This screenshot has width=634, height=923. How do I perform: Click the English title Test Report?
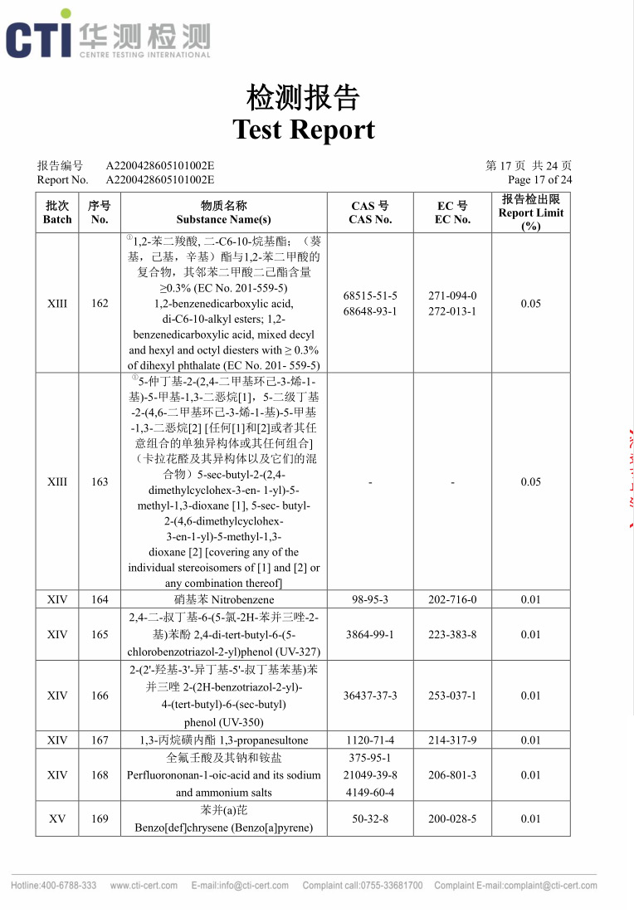tap(304, 129)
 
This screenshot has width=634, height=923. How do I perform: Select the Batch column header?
tap(57, 212)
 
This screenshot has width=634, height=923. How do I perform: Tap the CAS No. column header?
tap(370, 212)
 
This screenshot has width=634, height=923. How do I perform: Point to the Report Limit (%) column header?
tap(531, 212)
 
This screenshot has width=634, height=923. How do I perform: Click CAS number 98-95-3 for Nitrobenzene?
tap(370, 599)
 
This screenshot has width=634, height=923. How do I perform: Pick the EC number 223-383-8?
tap(452, 634)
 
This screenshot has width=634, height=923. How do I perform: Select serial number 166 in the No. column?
tap(100, 696)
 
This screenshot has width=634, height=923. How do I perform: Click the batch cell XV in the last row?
tap(57, 818)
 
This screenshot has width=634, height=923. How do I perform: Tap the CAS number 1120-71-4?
tap(370, 740)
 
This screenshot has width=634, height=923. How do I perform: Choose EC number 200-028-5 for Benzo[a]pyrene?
tap(452, 818)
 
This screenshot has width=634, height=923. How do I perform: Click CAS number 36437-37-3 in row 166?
tap(370, 696)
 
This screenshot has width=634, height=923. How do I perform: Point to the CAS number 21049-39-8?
tap(370, 775)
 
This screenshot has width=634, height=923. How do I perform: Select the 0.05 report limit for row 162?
tap(531, 303)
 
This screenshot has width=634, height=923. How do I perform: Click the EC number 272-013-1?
tap(452, 311)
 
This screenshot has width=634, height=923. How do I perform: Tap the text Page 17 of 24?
tap(539, 179)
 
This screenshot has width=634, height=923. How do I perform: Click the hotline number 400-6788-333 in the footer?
tap(54, 886)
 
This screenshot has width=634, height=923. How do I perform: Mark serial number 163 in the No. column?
tap(100, 481)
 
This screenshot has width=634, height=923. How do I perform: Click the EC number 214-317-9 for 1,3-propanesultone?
tap(452, 740)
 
